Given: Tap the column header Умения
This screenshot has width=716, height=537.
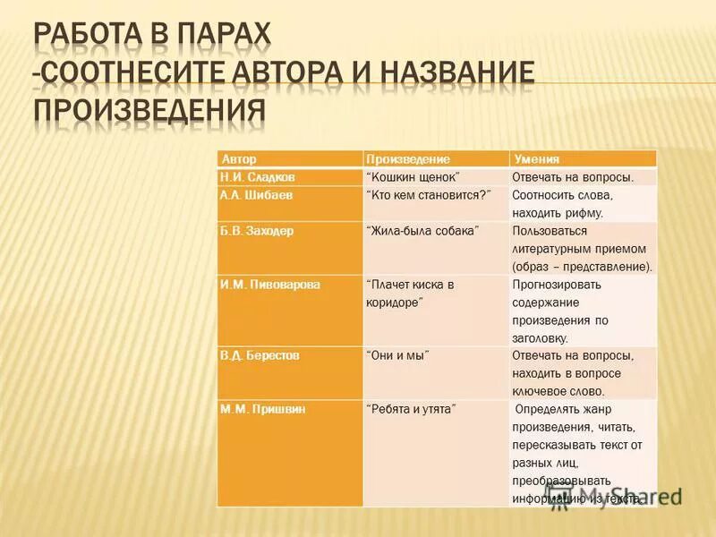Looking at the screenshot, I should pos(532,158).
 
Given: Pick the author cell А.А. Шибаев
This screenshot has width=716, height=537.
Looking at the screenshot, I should pos(254,194).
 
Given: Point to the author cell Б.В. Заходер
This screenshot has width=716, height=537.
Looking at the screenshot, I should pos(257,230).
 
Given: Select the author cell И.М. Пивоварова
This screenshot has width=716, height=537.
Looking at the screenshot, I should pos(270,284).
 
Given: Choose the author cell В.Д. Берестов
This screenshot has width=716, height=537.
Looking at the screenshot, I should pos(260,355).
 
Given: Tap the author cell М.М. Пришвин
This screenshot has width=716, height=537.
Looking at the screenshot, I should pos(263,408).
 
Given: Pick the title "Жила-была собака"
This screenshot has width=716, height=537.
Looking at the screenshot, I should pos(423,230).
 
